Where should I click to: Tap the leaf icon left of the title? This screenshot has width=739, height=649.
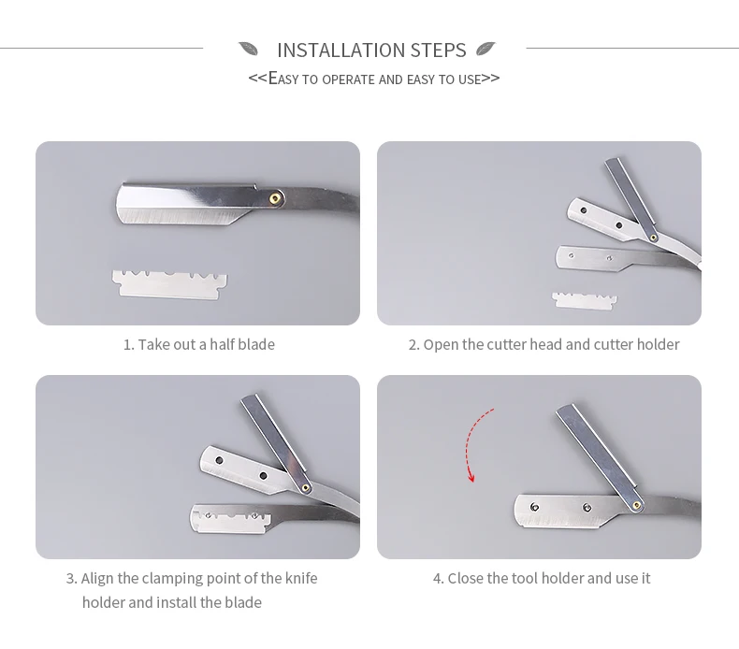coord(248,49)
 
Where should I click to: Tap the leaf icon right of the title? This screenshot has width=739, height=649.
coord(485,49)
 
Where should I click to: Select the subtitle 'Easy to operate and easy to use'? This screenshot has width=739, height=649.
coord(373,79)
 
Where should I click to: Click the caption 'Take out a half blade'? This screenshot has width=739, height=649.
coord(198,344)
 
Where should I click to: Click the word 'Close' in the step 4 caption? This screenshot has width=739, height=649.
coord(466,578)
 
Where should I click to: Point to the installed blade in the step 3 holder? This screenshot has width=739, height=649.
coord(228,515)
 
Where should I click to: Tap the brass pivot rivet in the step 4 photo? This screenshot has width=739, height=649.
coord(637,504)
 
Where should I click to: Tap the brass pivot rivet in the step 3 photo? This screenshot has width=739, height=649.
coord(307,484)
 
